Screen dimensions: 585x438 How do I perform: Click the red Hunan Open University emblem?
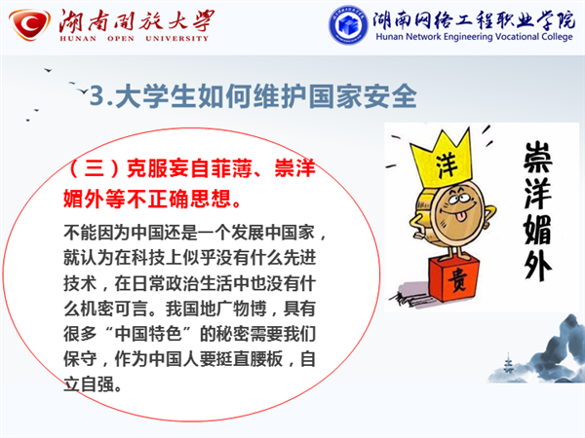click(29, 24)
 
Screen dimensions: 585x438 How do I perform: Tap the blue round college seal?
click(348, 24)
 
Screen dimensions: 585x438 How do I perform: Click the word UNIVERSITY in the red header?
click(176, 38)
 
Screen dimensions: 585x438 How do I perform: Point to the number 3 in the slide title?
click(97, 95)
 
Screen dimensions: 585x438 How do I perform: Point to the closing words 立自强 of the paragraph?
click(89, 384)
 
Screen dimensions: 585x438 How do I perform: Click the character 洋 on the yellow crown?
click(447, 165)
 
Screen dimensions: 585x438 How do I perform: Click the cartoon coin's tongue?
click(461, 216)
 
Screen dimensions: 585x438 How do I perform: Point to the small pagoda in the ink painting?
click(508, 363)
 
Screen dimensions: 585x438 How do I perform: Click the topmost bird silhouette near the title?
click(48, 70)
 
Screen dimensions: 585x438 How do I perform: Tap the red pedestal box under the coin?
click(453, 278)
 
